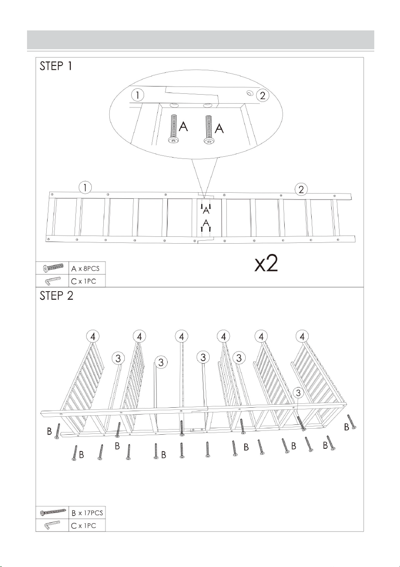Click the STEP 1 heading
(56, 66)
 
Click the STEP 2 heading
(56, 295)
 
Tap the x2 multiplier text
(266, 263)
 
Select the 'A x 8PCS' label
(85, 269)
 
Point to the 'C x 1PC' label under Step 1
(84, 281)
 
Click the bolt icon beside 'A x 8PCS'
(53, 268)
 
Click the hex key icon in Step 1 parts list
(53, 281)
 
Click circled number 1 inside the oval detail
(137, 95)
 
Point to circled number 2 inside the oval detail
(263, 95)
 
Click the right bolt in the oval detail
(209, 130)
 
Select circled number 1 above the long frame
(85, 188)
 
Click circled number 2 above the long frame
(301, 190)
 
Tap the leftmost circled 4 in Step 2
(93, 337)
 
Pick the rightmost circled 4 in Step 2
(302, 337)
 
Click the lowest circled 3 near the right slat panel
(298, 393)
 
